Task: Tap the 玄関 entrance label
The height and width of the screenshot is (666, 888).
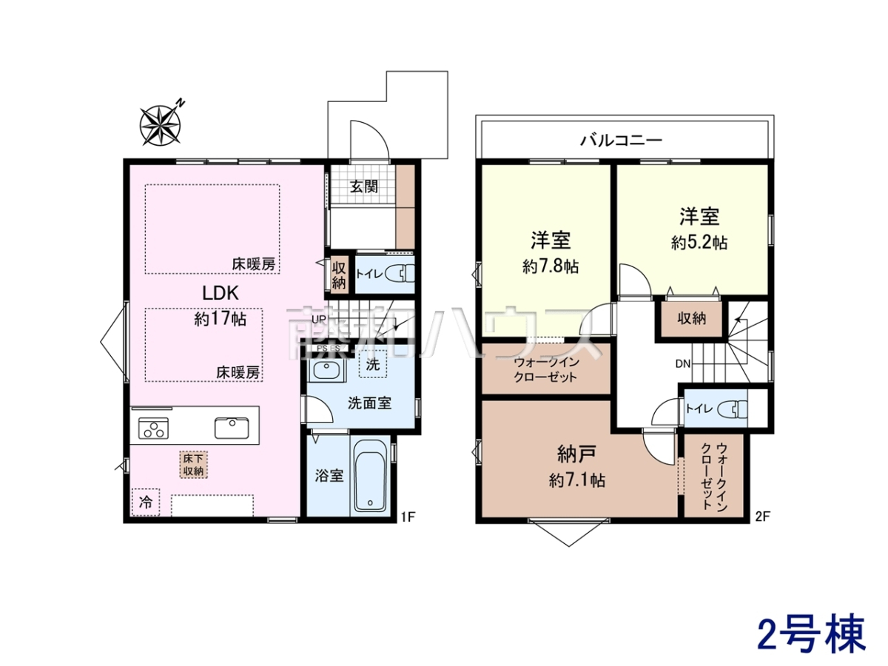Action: point(364,186)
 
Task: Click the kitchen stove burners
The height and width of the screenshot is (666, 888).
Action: point(153,428)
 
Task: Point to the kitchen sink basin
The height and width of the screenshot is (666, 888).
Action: point(232,428)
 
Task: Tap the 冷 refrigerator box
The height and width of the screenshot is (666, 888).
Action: point(146,502)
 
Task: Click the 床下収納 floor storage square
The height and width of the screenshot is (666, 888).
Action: point(193,465)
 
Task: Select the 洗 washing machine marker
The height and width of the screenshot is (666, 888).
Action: point(373,364)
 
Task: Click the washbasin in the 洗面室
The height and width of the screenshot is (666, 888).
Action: point(328,370)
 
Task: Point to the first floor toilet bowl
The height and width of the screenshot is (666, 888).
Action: point(400,274)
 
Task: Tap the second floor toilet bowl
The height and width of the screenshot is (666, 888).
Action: point(733,408)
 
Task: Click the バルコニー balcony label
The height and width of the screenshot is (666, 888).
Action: point(622,141)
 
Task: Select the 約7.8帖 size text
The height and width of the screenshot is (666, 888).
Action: point(551,266)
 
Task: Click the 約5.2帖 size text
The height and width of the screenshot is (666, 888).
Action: point(699,243)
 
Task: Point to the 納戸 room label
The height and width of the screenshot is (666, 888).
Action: point(576,455)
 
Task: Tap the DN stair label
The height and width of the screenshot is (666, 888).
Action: point(683,364)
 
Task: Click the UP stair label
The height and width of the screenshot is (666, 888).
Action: point(319,320)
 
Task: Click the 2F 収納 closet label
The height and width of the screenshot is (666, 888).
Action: point(692,319)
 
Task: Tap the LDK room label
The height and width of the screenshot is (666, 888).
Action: point(221,293)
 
